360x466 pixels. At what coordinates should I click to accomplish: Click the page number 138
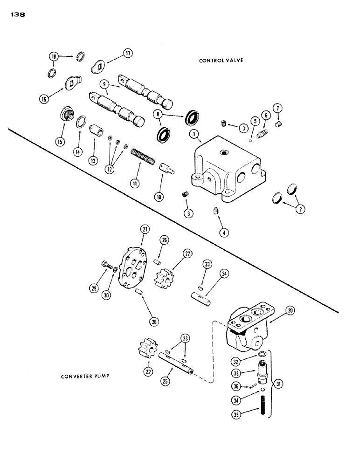coord(17,14)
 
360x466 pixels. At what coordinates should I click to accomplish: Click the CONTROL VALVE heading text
coord(222,61)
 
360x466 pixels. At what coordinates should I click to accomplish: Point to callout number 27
coord(145,229)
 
